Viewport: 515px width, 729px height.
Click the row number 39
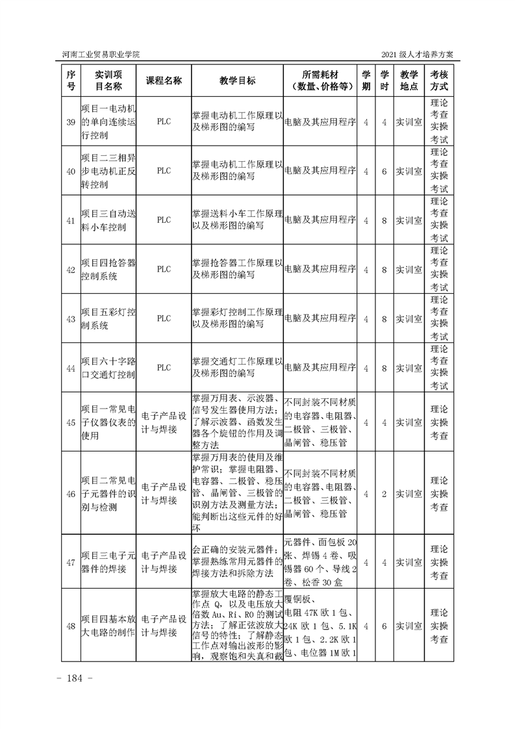pyautogui.click(x=71, y=122)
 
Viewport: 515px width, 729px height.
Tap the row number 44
pyautogui.click(x=71, y=368)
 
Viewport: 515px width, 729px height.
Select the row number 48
pyautogui.click(x=71, y=626)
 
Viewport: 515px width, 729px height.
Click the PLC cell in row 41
pyautogui.click(x=164, y=220)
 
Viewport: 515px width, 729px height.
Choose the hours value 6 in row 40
pyautogui.click(x=384, y=171)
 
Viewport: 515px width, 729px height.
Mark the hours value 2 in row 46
pyautogui.click(x=384, y=494)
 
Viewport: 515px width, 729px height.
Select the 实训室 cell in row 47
pyautogui.click(x=409, y=562)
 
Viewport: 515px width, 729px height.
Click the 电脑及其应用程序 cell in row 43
pyautogui.click(x=321, y=319)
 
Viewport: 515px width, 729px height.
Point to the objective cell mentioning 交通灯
pyautogui.click(x=237, y=368)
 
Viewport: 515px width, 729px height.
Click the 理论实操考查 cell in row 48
pyautogui.click(x=439, y=626)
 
